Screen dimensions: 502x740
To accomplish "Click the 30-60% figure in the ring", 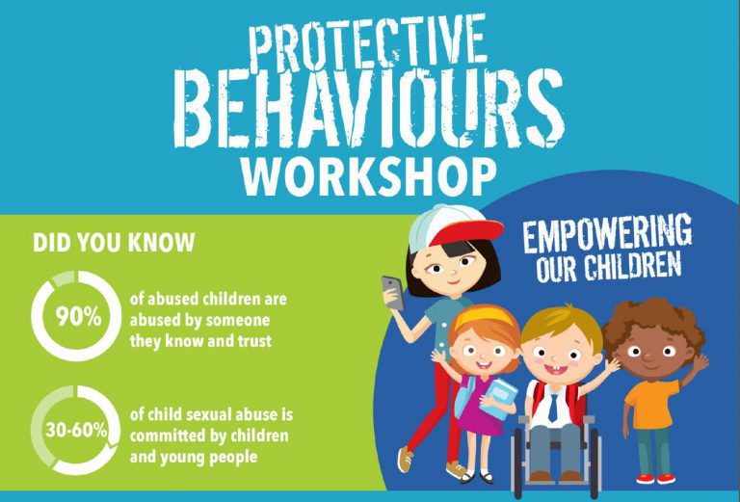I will coord(75,430).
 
